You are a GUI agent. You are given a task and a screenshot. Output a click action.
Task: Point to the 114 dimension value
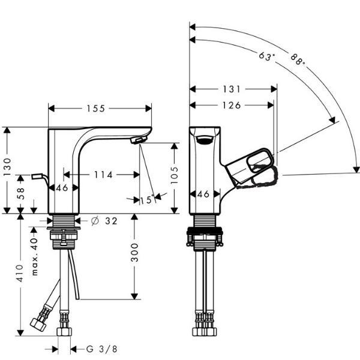coord(103,175)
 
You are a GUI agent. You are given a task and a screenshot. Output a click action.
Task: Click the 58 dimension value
coord(20,193)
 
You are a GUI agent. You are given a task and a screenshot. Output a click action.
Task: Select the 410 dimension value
coord(20,273)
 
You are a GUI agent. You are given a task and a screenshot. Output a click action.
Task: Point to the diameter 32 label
coord(105,220)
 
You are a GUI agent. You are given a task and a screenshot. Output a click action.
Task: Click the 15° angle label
coord(146,200)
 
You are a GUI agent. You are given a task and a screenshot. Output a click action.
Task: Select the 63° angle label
coord(267,57)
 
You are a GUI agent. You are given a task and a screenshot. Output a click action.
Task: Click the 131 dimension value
coord(230,89)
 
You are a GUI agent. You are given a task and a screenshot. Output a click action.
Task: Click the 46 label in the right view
coord(204,194)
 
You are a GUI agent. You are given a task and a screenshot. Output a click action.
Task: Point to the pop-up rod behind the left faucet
coord(39,176)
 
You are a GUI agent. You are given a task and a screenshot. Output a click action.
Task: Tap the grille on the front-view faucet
coord(204,140)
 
